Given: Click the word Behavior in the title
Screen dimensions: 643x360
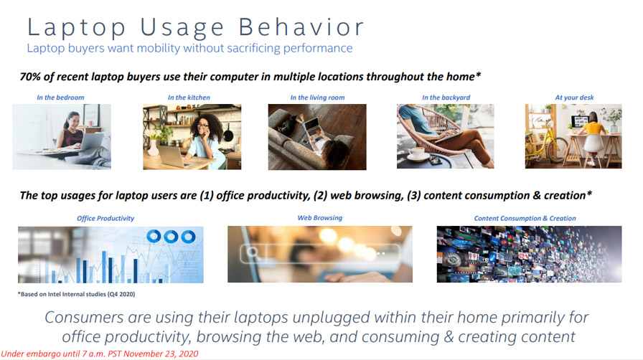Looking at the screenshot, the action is tap(301, 27).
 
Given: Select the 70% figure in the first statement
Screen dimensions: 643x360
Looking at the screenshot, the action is tap(29, 77).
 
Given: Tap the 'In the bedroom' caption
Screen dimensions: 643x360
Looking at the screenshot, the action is tap(60, 98).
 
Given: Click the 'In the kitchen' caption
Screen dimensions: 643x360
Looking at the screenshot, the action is tap(189, 98).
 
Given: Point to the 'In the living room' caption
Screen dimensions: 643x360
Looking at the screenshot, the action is tap(317, 98).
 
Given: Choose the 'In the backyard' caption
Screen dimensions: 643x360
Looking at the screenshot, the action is tap(446, 98).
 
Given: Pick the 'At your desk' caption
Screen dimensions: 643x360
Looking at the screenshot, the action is tap(574, 98).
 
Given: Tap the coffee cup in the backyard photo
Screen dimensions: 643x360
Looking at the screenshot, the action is tap(418, 153).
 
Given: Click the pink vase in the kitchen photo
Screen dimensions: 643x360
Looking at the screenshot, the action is tap(153, 148).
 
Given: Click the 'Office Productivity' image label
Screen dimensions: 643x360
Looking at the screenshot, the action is tap(105, 219).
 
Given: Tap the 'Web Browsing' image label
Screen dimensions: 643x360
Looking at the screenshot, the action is tap(320, 218).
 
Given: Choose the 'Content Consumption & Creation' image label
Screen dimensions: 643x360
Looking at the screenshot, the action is tap(525, 219).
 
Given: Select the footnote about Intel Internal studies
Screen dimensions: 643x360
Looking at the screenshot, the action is tap(76, 294).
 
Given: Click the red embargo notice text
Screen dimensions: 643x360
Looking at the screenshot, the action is tap(100, 354).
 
